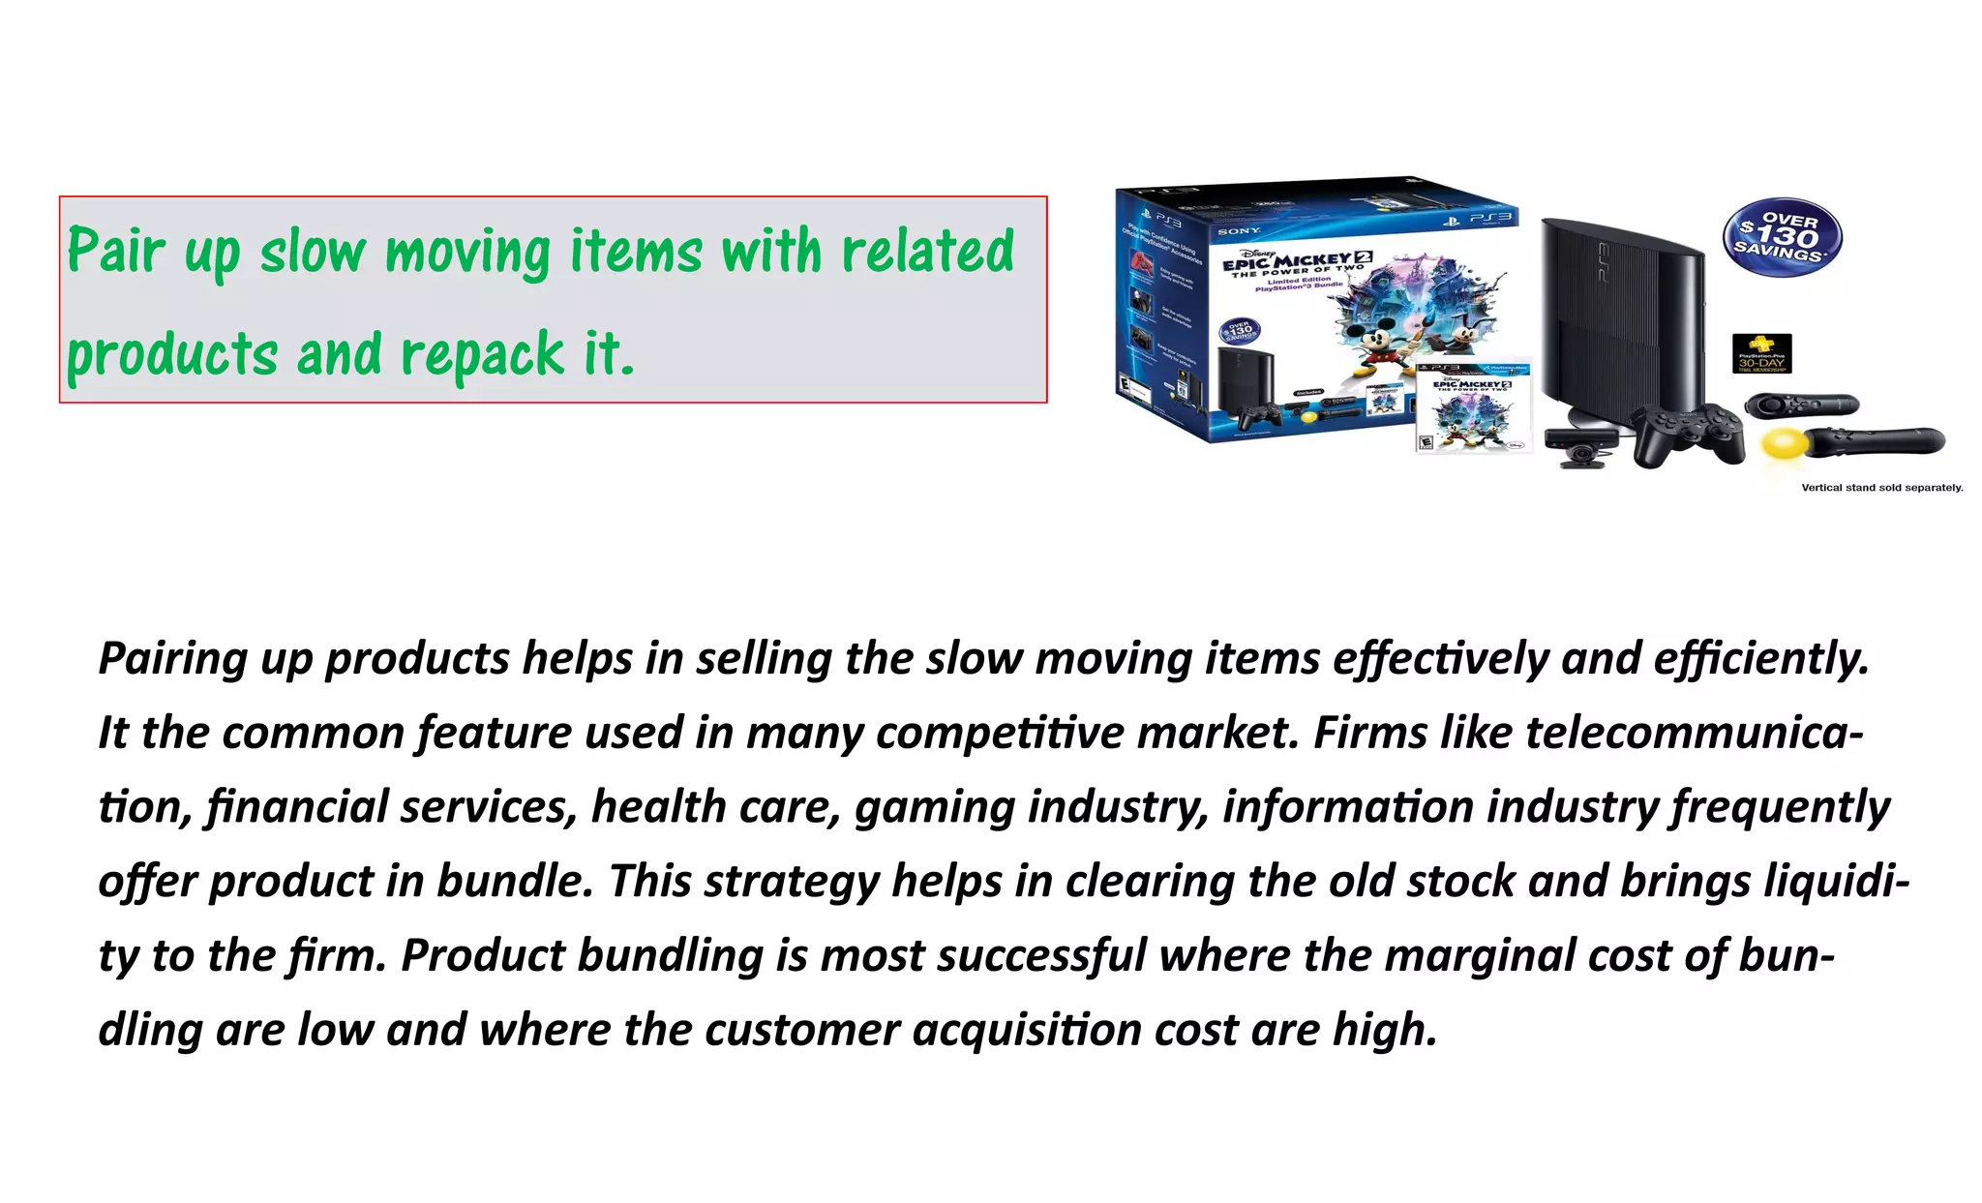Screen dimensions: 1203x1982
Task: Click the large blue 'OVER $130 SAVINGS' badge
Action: pos(1782,237)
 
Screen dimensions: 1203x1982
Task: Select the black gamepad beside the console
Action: pos(1687,433)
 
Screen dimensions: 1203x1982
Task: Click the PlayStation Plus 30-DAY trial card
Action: pos(1761,353)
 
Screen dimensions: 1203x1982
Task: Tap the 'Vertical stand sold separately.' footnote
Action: pos(1881,488)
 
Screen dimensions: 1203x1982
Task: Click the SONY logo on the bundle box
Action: pos(1239,231)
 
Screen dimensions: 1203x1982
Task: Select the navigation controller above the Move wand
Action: pos(1801,404)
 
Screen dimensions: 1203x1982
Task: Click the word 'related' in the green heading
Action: pos(928,252)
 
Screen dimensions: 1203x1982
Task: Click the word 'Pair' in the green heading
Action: pos(116,252)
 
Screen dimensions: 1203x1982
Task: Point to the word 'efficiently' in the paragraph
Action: pos(1760,659)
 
